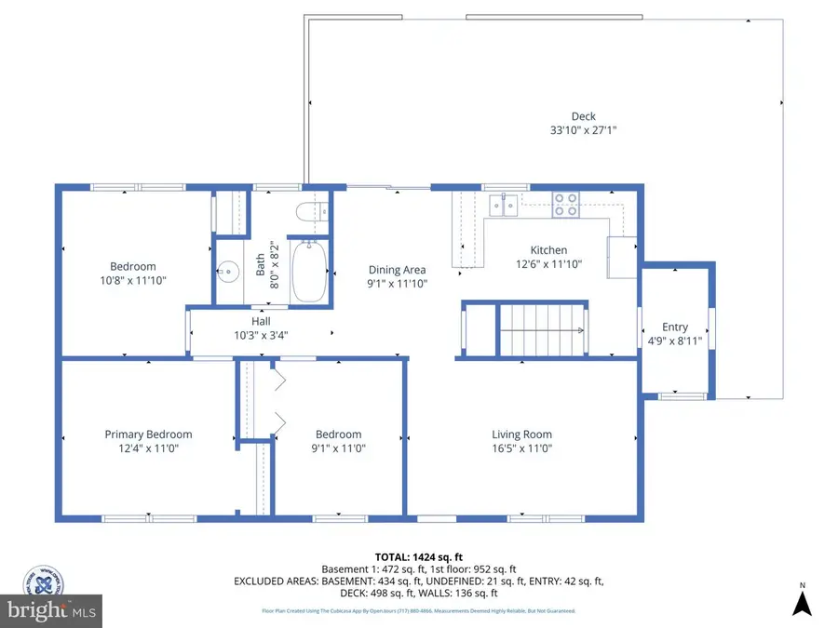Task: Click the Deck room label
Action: tap(583, 116)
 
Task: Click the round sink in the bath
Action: tap(227, 273)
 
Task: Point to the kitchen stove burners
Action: tap(564, 204)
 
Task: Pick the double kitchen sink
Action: tap(504, 203)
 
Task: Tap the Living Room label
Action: tap(521, 434)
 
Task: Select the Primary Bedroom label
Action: tap(148, 434)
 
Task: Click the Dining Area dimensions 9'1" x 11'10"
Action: tap(398, 284)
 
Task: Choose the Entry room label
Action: tap(675, 327)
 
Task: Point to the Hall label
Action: tap(261, 321)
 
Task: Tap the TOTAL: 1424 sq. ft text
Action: tap(418, 555)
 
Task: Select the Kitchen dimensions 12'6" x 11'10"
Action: tap(548, 264)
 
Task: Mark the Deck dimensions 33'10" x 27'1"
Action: tap(583, 131)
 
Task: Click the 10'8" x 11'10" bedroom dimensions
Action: tap(133, 280)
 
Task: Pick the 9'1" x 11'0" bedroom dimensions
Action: tap(338, 448)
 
